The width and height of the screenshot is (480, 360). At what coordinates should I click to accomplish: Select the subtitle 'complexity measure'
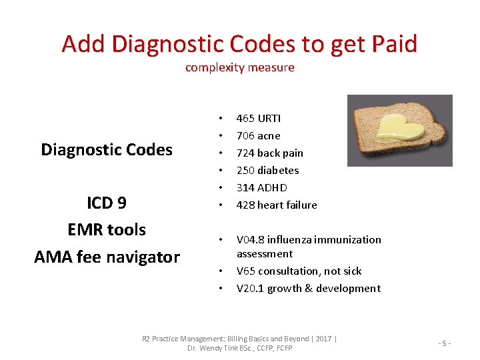point(239,67)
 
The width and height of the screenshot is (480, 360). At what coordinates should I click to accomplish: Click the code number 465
point(245,118)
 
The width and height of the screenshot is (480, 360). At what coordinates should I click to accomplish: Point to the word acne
point(269,135)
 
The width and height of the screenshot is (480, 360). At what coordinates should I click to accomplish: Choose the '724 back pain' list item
point(269,153)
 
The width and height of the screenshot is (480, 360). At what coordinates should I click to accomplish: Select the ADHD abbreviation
point(272,187)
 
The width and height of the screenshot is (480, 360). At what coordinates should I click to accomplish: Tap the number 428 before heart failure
point(245,205)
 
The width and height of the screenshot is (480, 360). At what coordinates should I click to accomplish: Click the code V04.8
point(251,239)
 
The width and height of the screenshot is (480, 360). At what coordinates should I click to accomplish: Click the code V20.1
point(250,288)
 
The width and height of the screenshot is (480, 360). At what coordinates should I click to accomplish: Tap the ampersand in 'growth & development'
point(309,288)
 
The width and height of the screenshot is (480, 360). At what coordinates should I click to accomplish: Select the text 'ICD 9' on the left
point(107,203)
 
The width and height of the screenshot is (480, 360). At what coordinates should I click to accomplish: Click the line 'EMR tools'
point(107,229)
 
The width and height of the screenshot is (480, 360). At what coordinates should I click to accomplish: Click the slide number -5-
point(445,343)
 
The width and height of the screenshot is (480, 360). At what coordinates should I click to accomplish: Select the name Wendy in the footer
point(213,348)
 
